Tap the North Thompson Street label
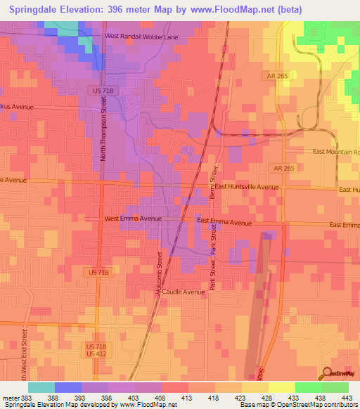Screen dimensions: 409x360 103,129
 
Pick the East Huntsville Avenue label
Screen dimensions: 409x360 247,188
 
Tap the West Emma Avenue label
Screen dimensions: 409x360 133,219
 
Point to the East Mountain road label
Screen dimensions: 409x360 335,152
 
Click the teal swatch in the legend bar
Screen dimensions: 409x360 41,387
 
